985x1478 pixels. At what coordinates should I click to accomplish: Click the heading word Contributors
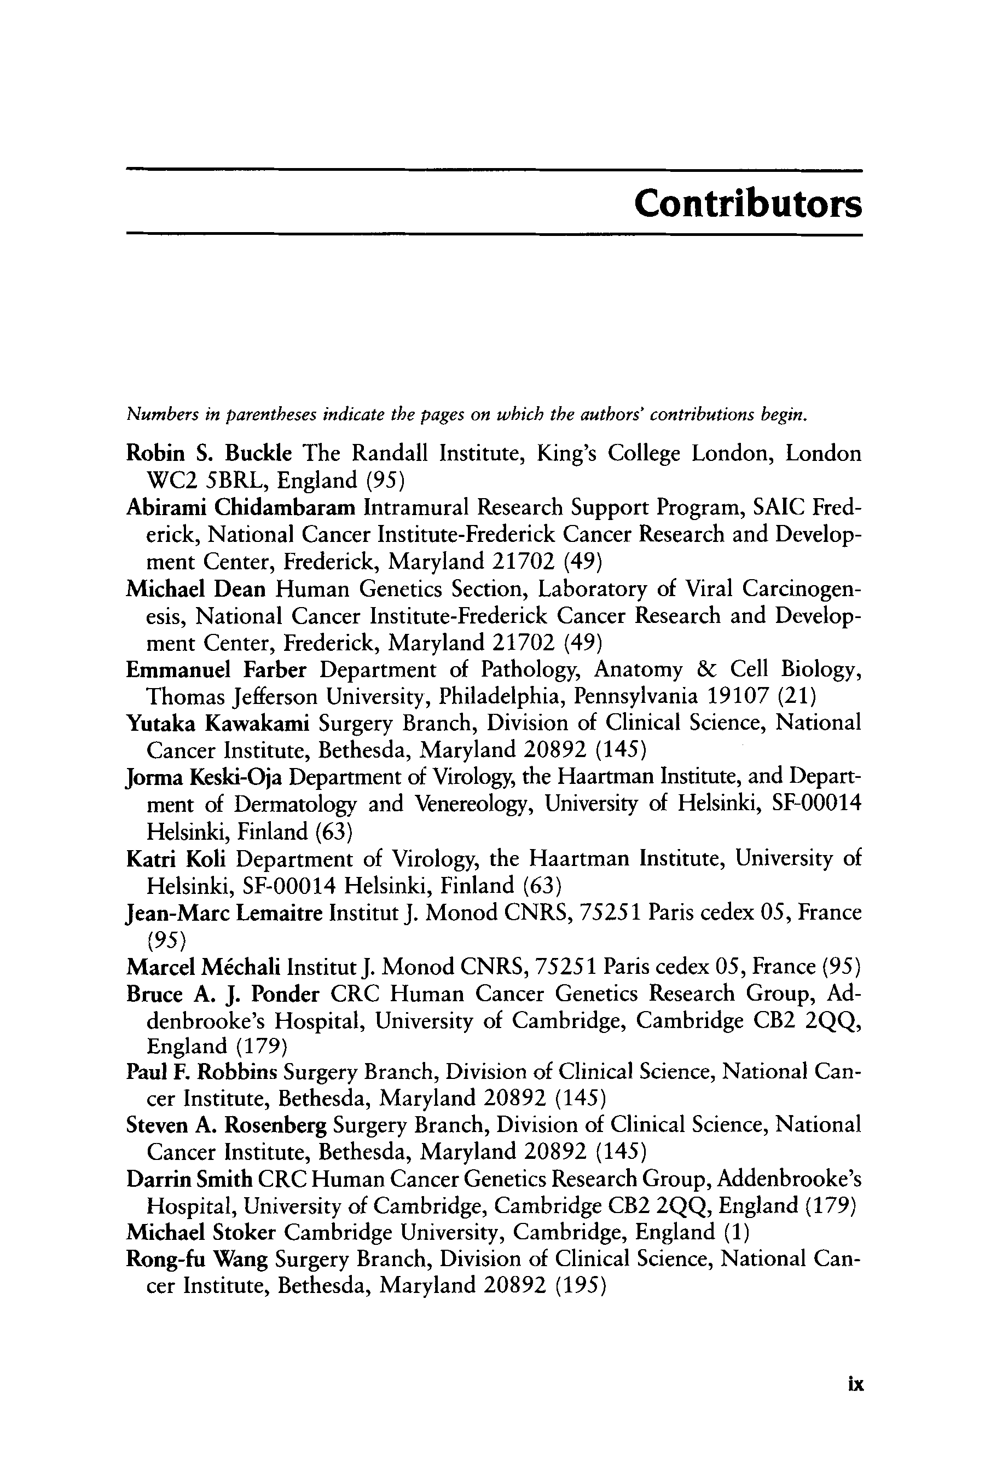point(748,204)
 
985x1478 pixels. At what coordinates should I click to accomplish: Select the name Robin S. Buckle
point(208,453)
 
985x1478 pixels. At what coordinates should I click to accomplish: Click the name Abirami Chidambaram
point(241,506)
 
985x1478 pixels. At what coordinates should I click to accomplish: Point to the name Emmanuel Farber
point(216,670)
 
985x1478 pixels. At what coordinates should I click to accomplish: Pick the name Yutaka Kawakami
point(217,724)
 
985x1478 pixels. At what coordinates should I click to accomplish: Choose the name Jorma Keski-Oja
point(204,778)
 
